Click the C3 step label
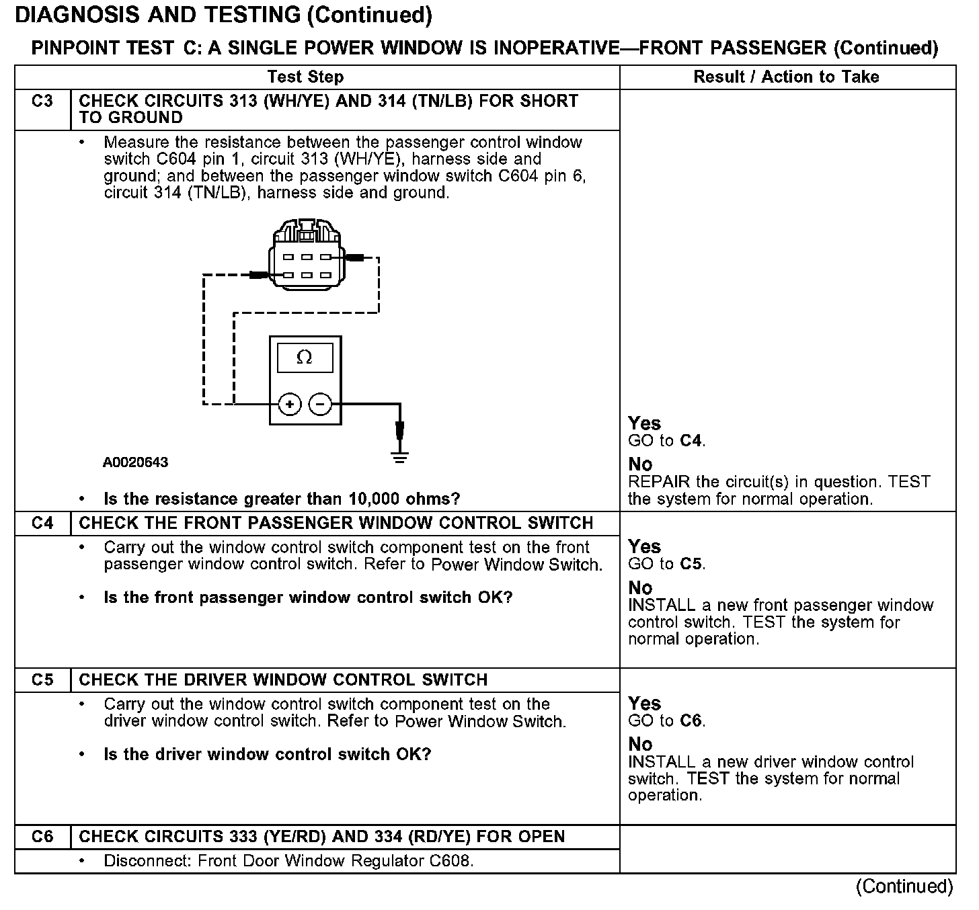42,101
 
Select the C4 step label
42,523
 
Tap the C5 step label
42,679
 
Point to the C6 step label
42,837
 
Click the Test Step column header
305,77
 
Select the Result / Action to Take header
786,77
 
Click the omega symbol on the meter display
305,358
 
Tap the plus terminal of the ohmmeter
290,404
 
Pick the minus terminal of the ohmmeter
320,404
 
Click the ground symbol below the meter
399,458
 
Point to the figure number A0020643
136,462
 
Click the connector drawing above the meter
306,255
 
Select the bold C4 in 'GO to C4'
692,441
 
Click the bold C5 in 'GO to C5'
692,564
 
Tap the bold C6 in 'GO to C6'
692,721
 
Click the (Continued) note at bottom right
904,886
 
